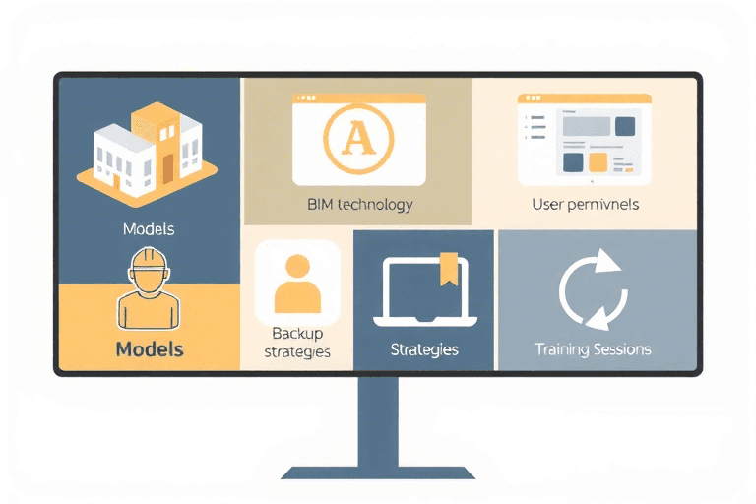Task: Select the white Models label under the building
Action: pos(149,229)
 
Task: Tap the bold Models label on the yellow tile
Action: pos(150,348)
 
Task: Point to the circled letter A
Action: pos(358,140)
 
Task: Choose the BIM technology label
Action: pos(360,206)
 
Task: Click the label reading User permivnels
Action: pos(585,205)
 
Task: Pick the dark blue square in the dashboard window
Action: pos(624,127)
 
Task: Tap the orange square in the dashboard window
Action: pos(598,161)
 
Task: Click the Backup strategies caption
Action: pos(298,343)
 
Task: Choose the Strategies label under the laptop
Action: pos(424,349)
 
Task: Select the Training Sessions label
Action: pos(593,349)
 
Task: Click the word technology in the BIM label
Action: pos(375,206)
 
